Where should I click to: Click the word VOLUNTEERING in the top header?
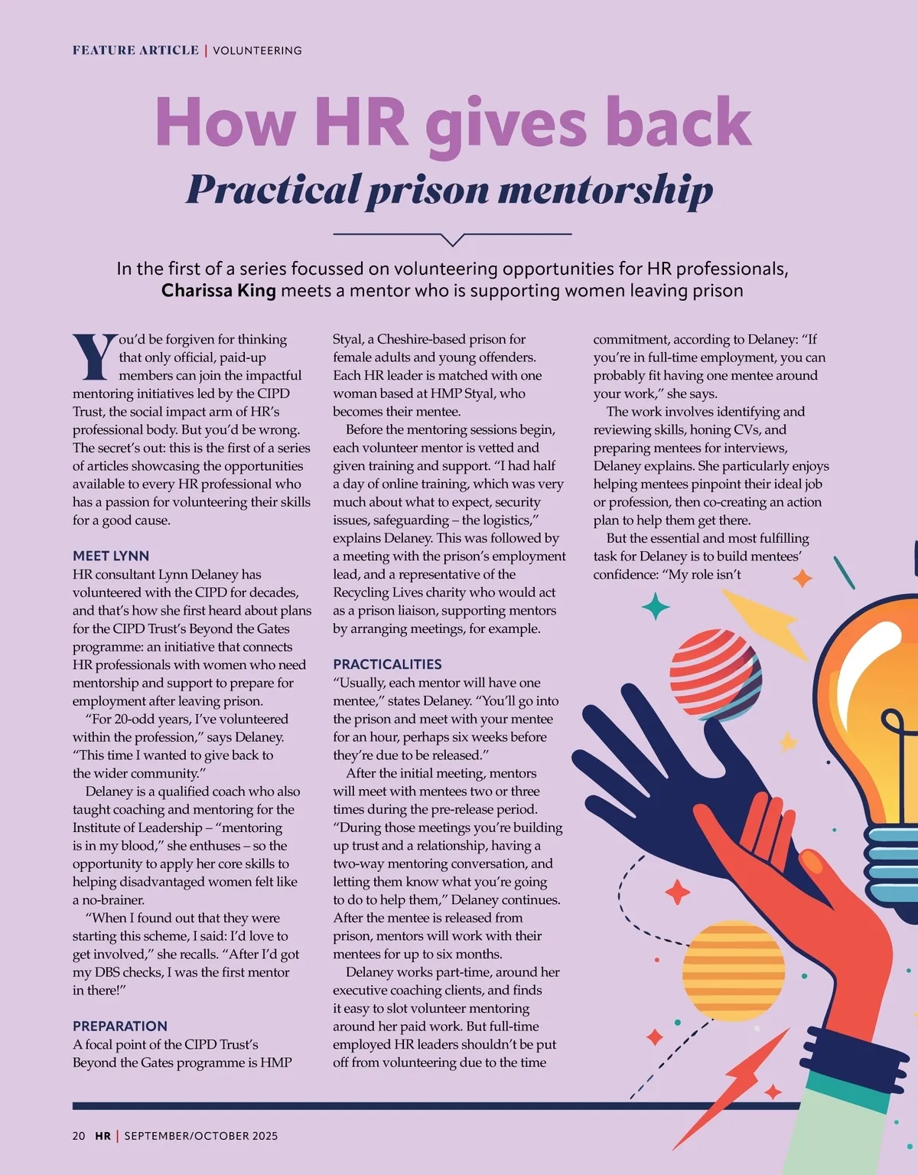point(257,51)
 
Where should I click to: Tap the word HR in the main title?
point(360,122)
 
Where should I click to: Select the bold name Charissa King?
point(218,291)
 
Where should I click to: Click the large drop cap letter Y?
point(94,357)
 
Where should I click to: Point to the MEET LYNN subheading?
point(111,556)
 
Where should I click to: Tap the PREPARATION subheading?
point(119,1026)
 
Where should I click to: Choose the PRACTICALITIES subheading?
point(387,664)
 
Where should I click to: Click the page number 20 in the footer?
point(79,1136)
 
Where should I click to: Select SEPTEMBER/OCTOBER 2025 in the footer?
point(201,1136)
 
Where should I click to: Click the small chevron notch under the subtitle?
point(453,240)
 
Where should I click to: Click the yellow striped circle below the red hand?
point(734,971)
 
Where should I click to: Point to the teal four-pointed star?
point(655,606)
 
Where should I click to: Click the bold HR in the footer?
point(103,1136)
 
